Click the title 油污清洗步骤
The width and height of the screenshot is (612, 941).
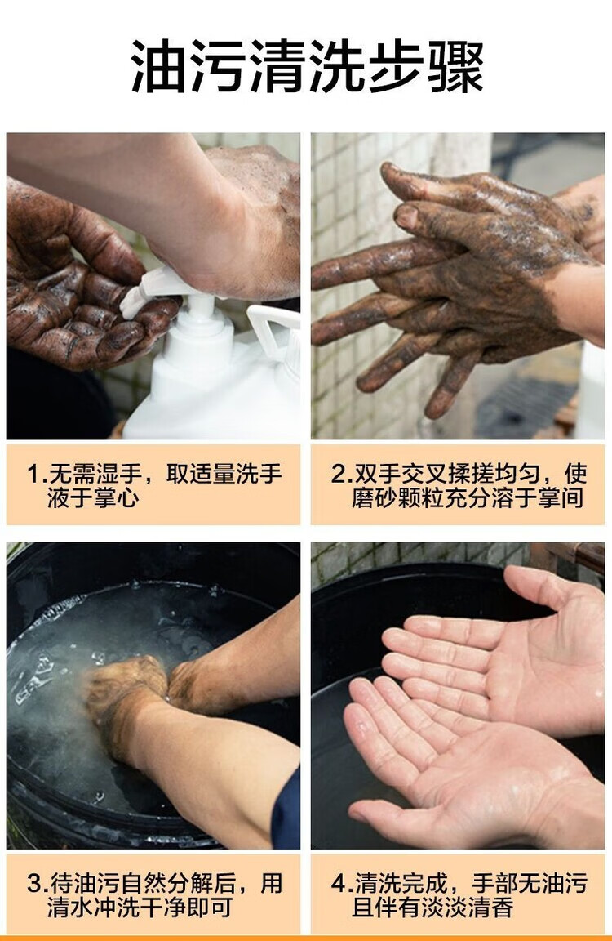[306, 67]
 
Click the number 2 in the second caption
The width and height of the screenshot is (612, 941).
[338, 474]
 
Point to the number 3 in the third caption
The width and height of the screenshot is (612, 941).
[34, 883]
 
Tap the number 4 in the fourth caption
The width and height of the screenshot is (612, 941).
[339, 883]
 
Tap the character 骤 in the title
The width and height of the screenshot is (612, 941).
[455, 67]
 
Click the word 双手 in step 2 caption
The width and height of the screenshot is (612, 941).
[377, 474]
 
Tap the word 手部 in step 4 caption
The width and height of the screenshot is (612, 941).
[494, 883]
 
